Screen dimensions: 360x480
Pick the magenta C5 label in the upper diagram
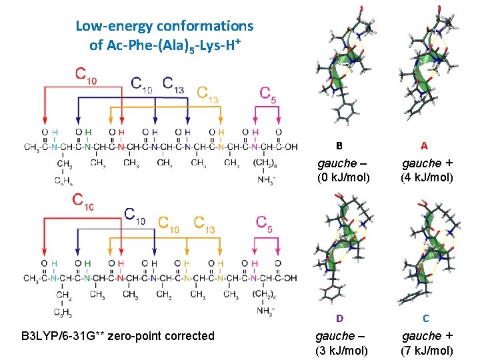click(x=269, y=93)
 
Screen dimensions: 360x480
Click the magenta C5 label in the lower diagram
click(x=269, y=223)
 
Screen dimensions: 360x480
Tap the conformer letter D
click(x=339, y=318)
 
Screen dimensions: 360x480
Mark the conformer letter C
click(x=425, y=318)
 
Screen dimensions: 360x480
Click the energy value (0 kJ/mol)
click(x=343, y=178)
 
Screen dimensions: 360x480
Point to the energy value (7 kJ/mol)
click(x=427, y=351)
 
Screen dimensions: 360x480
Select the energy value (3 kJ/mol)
click(x=343, y=351)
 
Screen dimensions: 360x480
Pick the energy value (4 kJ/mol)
click(x=427, y=178)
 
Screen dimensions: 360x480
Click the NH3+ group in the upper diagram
click(x=265, y=180)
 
